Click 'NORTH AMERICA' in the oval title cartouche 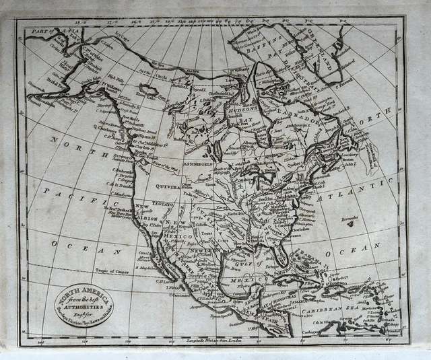point(82,290)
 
